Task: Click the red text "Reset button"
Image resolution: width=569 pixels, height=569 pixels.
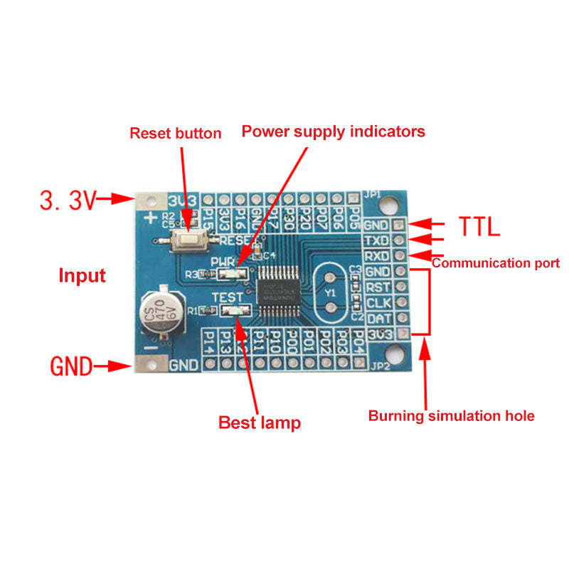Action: tap(175, 133)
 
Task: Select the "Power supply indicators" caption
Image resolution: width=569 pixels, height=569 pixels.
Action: tap(333, 132)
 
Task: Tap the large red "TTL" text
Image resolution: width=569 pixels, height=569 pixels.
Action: tap(479, 226)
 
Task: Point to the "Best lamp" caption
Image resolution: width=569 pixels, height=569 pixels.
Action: tap(259, 422)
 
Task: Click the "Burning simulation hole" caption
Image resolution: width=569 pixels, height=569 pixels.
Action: tap(451, 416)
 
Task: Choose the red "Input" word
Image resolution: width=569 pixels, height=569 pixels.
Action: tap(82, 276)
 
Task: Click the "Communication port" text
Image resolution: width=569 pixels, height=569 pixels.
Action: tap(496, 263)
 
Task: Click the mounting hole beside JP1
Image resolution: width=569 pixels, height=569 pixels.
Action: tap(389, 205)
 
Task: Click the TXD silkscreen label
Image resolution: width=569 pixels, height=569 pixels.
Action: tap(377, 240)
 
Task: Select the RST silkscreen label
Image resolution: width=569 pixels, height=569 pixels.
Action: tap(377, 287)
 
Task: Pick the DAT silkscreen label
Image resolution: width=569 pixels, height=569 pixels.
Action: tap(377, 319)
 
